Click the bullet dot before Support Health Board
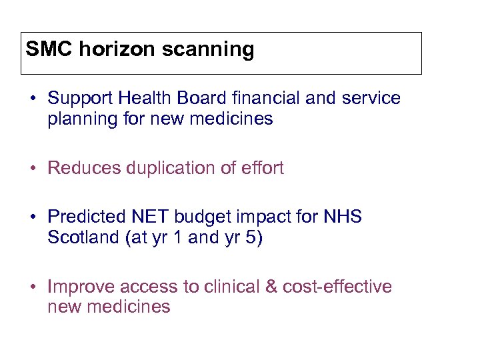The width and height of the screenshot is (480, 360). [x=33, y=99]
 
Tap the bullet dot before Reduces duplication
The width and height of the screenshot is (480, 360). [x=33, y=169]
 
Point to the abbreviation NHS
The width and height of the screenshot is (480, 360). [x=342, y=217]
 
